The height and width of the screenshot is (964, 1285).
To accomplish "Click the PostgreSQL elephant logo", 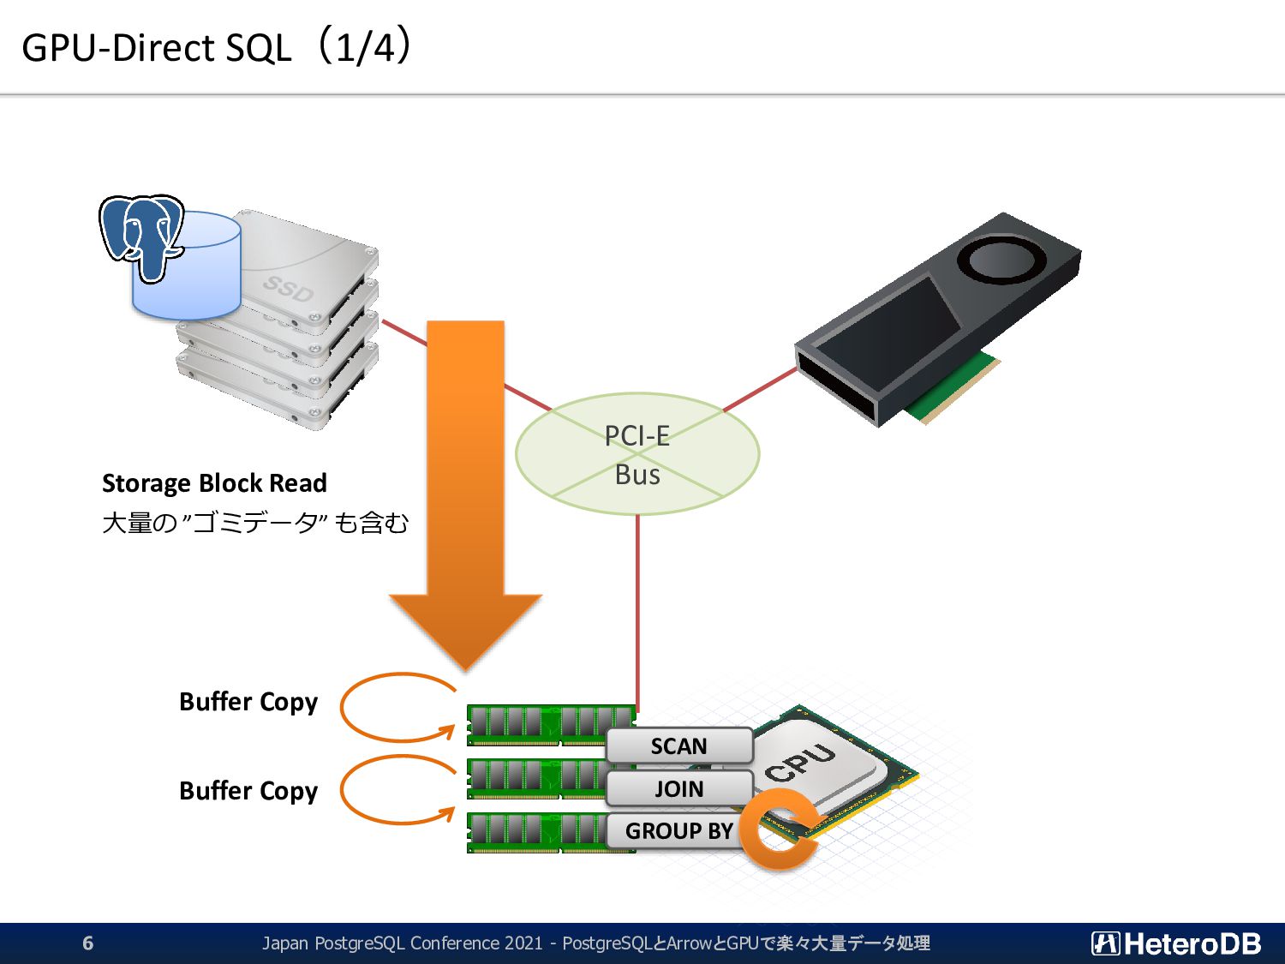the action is (x=141, y=237).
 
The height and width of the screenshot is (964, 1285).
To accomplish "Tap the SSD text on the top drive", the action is (x=288, y=289).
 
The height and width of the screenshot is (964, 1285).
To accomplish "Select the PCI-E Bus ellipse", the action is (x=637, y=453).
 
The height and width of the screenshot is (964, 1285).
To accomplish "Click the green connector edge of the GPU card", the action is (x=953, y=388).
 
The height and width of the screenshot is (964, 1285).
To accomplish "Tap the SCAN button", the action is (x=679, y=745).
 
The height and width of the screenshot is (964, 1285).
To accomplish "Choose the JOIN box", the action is (x=679, y=788).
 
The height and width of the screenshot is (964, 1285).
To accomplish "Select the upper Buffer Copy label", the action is (x=248, y=702).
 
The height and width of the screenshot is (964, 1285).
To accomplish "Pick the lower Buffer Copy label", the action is (x=248, y=791).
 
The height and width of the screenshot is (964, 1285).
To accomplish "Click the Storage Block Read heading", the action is (x=214, y=483).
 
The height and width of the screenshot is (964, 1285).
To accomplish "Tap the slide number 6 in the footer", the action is (x=88, y=943).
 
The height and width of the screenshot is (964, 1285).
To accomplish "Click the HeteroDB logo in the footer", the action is (x=1176, y=943).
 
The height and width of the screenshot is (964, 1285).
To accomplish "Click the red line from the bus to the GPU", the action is (x=760, y=390).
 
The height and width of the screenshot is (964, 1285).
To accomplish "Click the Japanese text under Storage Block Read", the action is (x=255, y=523).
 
